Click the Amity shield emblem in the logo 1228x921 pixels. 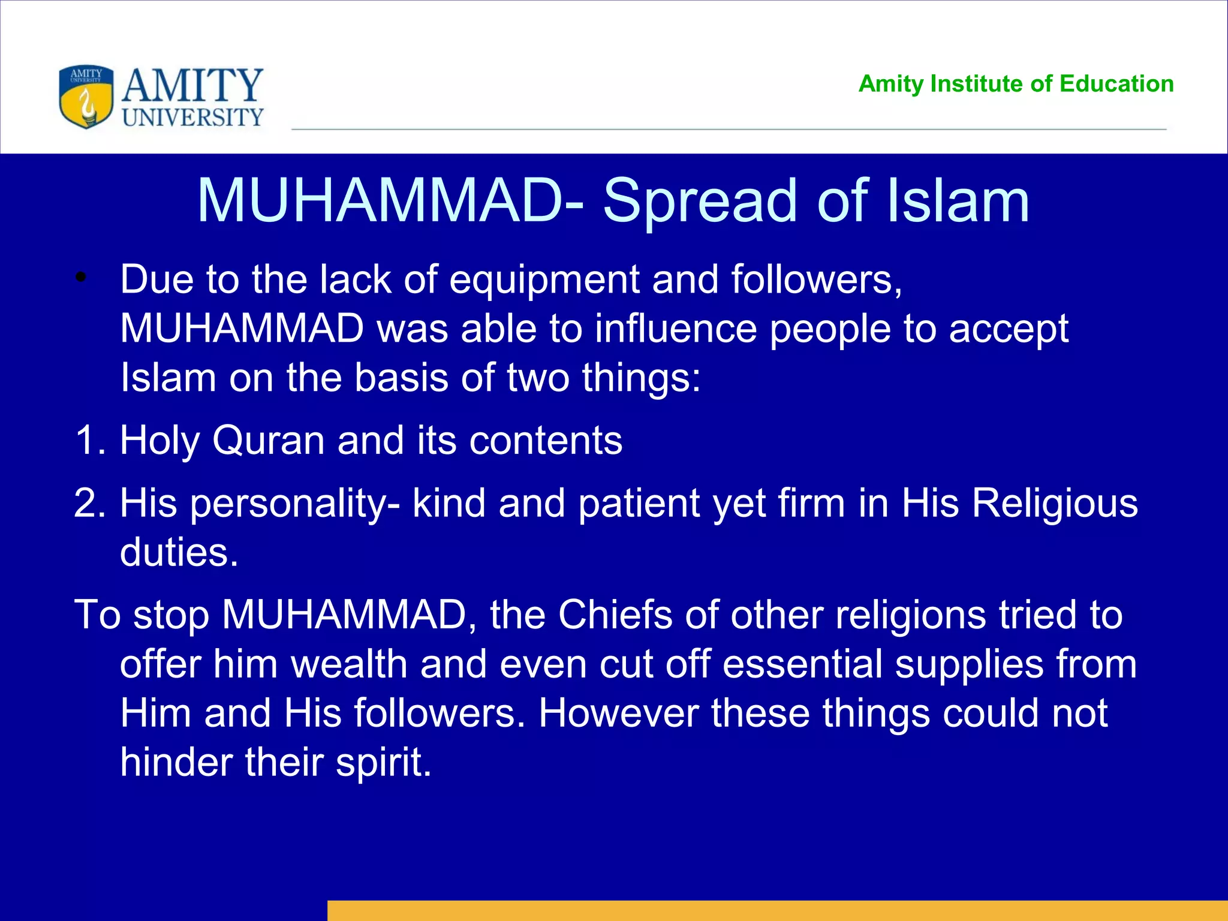pyautogui.click(x=86, y=97)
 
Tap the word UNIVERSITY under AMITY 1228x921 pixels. pyautogui.click(x=192, y=118)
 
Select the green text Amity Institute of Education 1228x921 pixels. pyautogui.click(x=1016, y=84)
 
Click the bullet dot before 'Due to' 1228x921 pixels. pyautogui.click(x=82, y=278)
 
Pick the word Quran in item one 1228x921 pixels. pyautogui.click(x=268, y=440)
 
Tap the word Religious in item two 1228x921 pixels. pyautogui.click(x=1054, y=502)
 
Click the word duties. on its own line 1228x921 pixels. pyautogui.click(x=179, y=552)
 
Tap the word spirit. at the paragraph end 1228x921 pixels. pyautogui.click(x=384, y=763)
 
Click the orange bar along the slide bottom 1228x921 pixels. pyautogui.click(x=777, y=910)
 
